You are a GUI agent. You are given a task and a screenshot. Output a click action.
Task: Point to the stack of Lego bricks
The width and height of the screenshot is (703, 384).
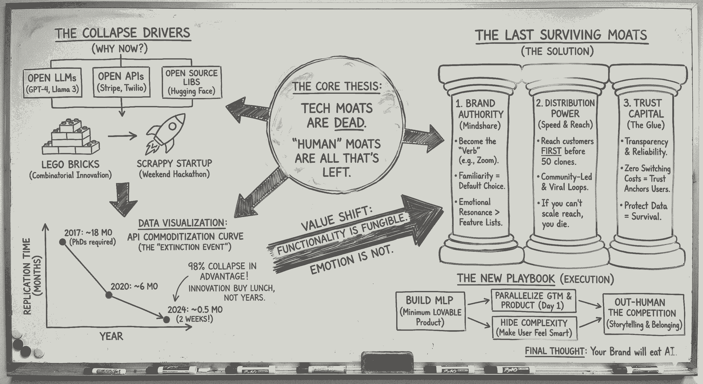pyautogui.click(x=71, y=137)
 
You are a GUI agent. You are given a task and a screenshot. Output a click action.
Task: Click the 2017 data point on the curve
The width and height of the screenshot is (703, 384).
pyautogui.click(x=63, y=242)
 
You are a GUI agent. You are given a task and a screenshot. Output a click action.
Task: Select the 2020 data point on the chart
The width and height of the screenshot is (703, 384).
pyautogui.click(x=109, y=295)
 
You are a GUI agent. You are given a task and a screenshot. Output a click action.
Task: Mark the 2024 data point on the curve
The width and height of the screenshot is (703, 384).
pyautogui.click(x=166, y=320)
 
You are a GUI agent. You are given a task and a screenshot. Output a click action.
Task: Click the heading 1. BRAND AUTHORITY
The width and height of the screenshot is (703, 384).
pyautogui.click(x=480, y=109)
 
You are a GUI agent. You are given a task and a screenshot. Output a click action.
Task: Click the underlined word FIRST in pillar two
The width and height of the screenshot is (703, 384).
pyautogui.click(x=551, y=151)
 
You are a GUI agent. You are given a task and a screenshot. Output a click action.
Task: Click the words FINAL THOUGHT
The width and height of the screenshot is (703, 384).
pyautogui.click(x=555, y=351)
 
